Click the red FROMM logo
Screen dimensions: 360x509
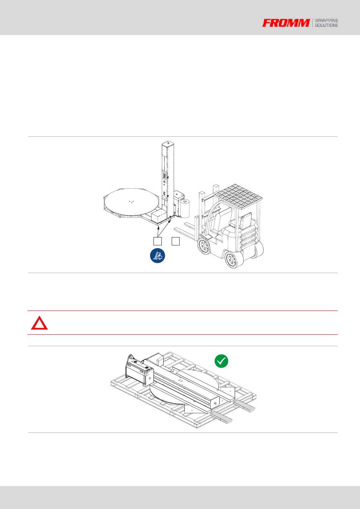286,23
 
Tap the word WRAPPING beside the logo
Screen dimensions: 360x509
326,20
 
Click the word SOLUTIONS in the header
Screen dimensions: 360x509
326,25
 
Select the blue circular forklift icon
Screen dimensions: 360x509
157,256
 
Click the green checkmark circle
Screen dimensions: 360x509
221,361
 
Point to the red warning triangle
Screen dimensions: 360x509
39,323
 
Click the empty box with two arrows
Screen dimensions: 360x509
158,241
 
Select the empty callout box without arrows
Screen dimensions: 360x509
175,241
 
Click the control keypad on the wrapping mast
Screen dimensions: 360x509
164,176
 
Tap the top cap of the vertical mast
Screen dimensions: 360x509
168,144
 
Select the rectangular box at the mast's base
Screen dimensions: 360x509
158,215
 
